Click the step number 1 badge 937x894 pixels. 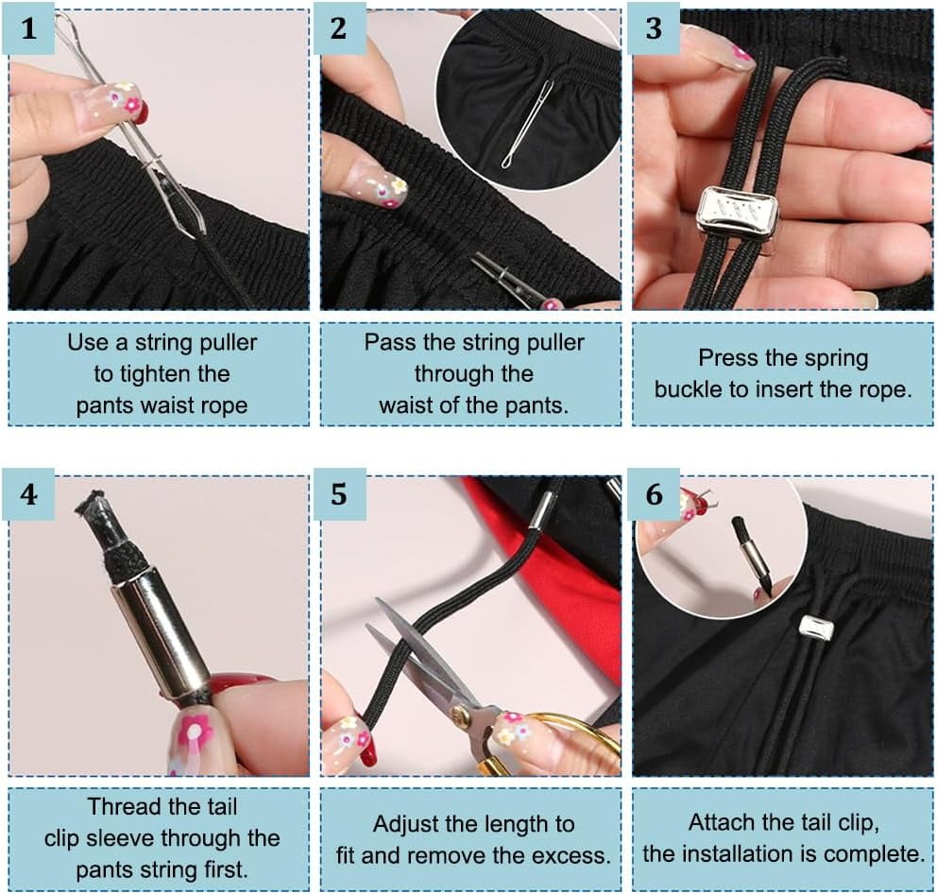[29, 30]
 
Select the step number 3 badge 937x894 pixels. [654, 30]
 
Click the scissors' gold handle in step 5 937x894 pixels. [557, 748]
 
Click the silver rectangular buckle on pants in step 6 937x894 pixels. [815, 627]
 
